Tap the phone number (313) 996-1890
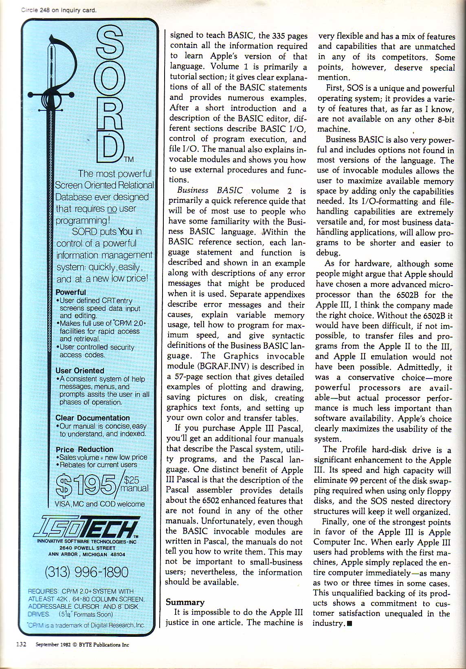pos(86,572)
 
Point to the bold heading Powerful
pos(70,292)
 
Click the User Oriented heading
pos(80,370)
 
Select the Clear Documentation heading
pos(92,418)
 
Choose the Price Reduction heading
pos(85,449)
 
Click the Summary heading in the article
pos(185,602)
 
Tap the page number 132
pos(21,645)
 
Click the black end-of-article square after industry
pos(349,624)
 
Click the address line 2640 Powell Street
pos(86,548)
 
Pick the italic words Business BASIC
pos(210,191)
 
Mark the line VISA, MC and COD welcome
pos(100,504)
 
